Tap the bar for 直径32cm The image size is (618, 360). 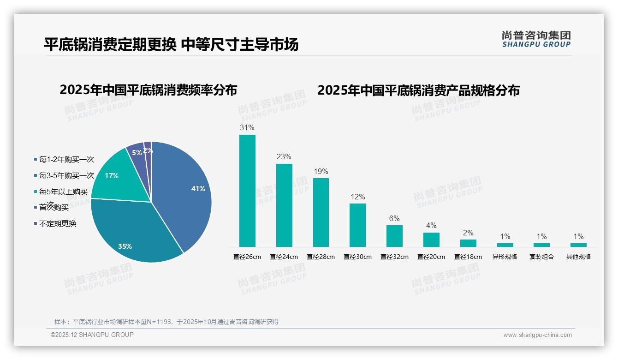[x=394, y=236]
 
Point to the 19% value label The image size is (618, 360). [x=321, y=172]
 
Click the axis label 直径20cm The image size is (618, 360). [x=431, y=257]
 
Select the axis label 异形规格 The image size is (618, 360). [x=505, y=257]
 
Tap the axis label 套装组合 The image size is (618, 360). [x=541, y=257]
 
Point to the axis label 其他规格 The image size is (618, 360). [x=578, y=257]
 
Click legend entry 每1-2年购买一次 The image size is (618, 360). [x=66, y=160]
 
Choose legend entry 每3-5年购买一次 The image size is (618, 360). [x=66, y=176]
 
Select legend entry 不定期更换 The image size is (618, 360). [x=58, y=224]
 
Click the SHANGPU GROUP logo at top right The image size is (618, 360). [x=536, y=39]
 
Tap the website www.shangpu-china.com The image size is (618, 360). [x=537, y=335]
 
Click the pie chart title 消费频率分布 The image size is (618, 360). [x=148, y=90]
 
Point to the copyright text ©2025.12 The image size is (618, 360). [x=92, y=335]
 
